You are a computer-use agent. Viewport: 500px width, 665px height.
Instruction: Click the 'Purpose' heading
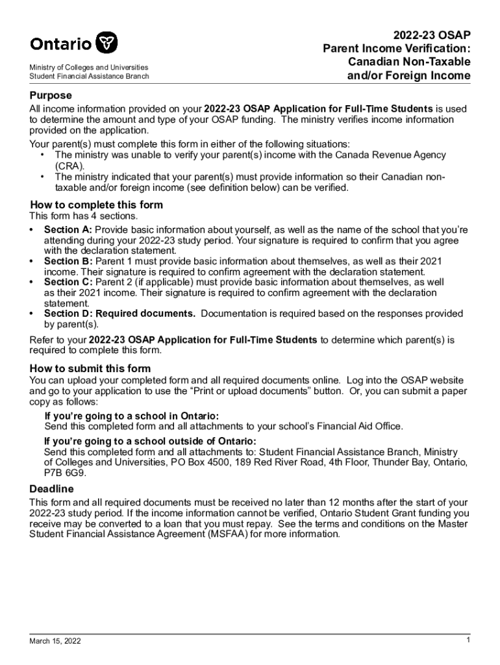coord(50,95)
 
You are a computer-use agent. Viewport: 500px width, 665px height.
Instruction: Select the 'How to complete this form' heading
coord(96,205)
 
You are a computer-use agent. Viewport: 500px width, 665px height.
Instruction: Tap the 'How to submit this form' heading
coord(90,368)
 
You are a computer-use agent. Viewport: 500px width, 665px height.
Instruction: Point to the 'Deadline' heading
coord(51,488)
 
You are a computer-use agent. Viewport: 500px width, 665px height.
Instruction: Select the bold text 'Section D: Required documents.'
coord(119,314)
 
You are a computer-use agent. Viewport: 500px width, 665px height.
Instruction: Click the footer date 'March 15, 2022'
coord(55,641)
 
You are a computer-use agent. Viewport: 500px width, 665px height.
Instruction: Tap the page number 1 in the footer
coord(468,640)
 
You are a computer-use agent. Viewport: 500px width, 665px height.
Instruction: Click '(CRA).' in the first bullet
coord(69,166)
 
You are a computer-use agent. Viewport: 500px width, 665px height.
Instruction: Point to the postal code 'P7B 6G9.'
coord(65,473)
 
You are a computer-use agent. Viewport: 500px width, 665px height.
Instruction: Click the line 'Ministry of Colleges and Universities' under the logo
coord(88,68)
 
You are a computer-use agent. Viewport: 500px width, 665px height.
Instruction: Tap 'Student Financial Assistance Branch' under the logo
coord(89,77)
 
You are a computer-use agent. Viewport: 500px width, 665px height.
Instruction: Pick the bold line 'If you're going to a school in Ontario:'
coord(131,416)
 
